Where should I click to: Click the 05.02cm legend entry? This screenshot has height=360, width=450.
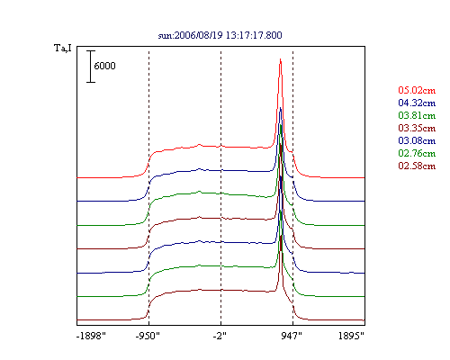coord(417,90)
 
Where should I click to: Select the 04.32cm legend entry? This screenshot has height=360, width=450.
coord(417,103)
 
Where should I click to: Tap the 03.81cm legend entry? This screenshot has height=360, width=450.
coord(417,115)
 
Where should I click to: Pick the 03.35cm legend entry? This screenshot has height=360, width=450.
coord(417,128)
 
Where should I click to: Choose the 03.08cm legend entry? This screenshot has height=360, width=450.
coord(417,140)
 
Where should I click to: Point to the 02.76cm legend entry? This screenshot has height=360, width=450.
coord(417,153)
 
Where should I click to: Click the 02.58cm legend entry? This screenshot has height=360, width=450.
coord(417,166)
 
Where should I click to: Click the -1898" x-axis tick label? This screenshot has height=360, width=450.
coord(92,336)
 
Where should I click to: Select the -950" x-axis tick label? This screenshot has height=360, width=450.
coord(148,336)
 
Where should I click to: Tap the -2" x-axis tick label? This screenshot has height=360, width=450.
coord(220,336)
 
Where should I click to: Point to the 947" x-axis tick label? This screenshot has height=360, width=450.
coord(292,336)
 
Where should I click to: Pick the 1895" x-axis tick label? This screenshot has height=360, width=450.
coord(351,336)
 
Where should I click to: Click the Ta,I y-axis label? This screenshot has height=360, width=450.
coord(63,48)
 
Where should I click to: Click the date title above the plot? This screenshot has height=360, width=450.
coord(220,35)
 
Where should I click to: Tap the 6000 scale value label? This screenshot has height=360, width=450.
coord(104,66)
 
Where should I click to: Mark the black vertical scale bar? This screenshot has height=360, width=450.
coord(91,67)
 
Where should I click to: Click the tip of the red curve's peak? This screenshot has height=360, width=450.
coord(280,58)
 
